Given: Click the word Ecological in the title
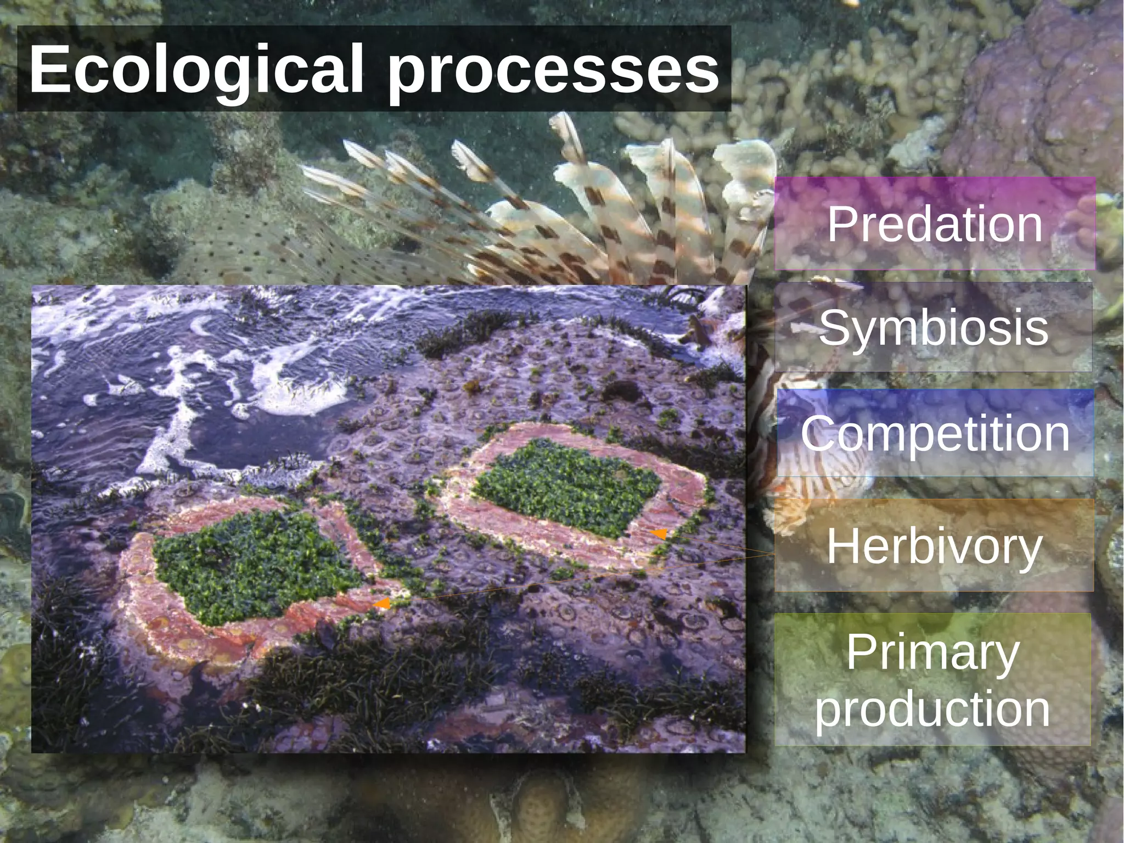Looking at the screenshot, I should click(x=196, y=70).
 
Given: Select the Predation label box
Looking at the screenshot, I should click(x=934, y=224).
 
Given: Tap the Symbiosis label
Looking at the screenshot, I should click(x=933, y=327).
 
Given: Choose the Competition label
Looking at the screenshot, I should click(x=935, y=433).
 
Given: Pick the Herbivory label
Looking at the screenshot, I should click(x=934, y=546).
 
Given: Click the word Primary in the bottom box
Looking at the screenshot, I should click(x=932, y=652).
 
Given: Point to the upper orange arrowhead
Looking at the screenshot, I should click(x=659, y=533).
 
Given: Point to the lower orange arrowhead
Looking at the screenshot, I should click(x=382, y=604).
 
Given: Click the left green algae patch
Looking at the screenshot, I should click(x=252, y=566).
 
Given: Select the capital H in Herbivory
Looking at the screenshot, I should click(x=842, y=546).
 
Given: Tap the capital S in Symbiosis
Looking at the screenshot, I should click(x=834, y=327).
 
